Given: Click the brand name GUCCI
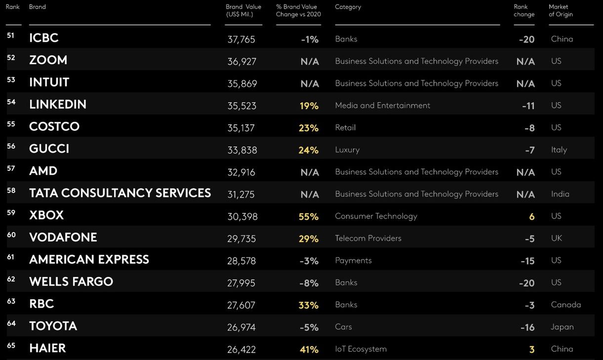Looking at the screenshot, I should [49, 149].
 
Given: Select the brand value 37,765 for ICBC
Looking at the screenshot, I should [241, 40].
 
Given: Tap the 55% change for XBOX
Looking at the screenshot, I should [309, 217].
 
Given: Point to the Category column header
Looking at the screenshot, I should [348, 7].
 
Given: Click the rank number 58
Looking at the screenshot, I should [11, 191].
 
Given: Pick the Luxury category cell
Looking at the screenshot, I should [347, 150].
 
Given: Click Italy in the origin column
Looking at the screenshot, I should [559, 150].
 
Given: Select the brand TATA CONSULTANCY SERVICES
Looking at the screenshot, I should [120, 193].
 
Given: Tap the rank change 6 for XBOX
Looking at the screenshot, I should [531, 217].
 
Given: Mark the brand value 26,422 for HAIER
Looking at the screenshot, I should [241, 350].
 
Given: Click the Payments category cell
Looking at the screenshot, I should [353, 260].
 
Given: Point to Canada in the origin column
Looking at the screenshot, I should [566, 305].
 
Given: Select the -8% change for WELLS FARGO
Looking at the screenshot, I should [309, 283].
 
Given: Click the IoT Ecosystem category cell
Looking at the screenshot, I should [361, 349].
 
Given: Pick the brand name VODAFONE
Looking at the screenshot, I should [63, 238].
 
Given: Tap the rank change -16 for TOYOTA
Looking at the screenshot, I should [527, 327].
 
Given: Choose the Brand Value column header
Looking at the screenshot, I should [243, 10].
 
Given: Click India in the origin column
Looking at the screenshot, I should [560, 194].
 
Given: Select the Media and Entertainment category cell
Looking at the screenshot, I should [382, 105].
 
